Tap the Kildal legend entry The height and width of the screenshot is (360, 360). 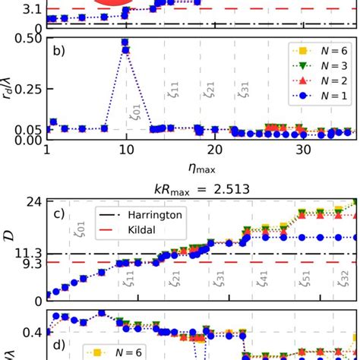click(x=133, y=229)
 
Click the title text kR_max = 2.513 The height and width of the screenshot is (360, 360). click(x=201, y=186)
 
